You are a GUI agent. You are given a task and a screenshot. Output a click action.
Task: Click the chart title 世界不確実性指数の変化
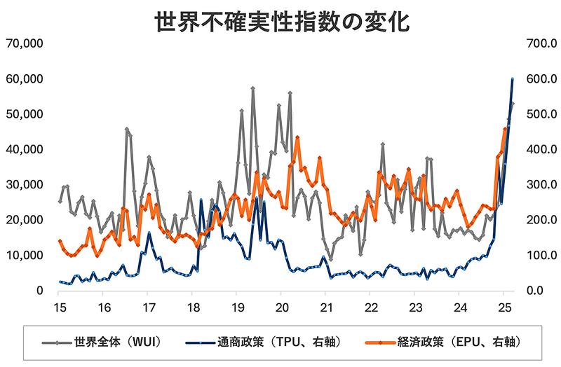click(x=280, y=21)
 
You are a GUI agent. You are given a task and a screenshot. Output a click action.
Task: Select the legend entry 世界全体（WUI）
click(x=116, y=342)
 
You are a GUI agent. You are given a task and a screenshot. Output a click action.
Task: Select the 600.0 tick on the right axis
click(x=535, y=79)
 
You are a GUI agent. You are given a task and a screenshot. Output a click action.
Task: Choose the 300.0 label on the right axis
click(x=535, y=185)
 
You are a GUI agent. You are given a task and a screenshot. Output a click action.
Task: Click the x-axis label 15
click(x=59, y=307)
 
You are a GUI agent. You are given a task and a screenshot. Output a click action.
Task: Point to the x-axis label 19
click(x=237, y=307)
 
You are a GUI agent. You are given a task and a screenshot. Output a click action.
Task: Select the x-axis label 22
click(x=372, y=307)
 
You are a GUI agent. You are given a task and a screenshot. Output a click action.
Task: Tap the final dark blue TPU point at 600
click(x=513, y=79)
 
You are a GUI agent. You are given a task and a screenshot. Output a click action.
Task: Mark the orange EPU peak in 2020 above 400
click(x=297, y=138)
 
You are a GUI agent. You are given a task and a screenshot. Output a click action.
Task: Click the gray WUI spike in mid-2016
click(x=127, y=130)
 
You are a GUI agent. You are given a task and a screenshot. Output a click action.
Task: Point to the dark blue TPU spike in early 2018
click(x=201, y=200)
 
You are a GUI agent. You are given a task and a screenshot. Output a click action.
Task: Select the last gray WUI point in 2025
click(x=513, y=104)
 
